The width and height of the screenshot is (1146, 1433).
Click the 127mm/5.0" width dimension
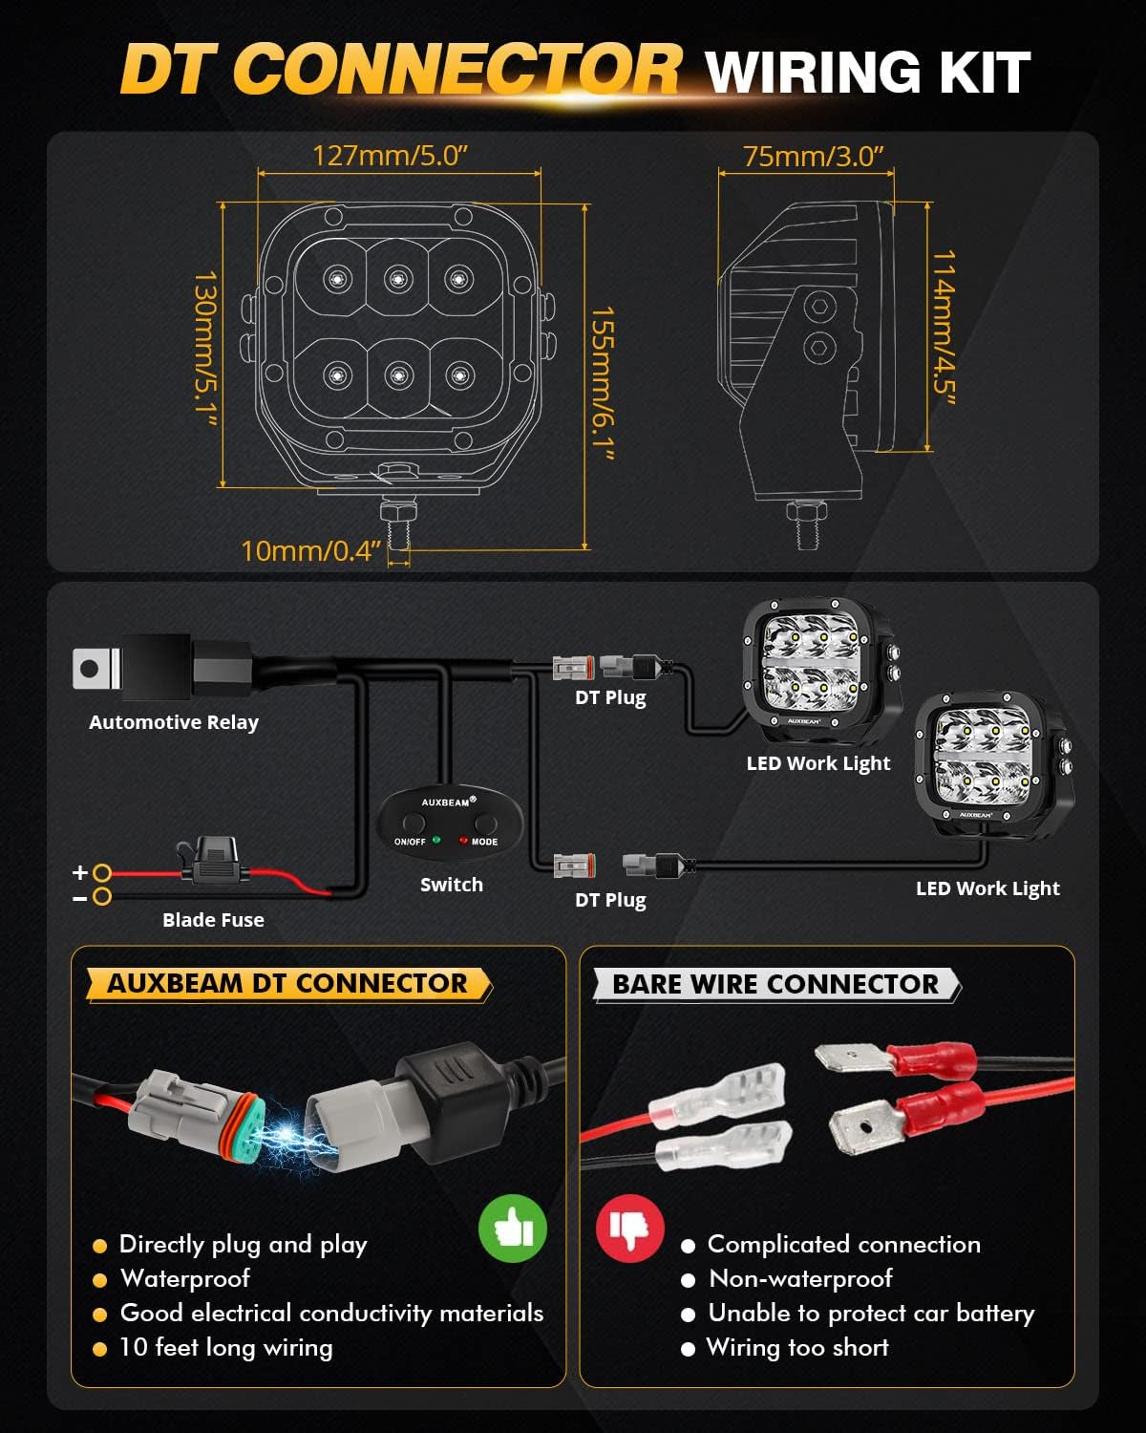(390, 155)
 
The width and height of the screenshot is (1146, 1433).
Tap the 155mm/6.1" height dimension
(602, 382)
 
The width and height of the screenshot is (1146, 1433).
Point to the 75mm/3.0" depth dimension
(813, 156)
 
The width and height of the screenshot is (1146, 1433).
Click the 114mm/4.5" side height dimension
(944, 327)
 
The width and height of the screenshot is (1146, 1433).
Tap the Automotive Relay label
(174, 722)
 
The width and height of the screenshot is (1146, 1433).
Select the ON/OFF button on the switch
(413, 823)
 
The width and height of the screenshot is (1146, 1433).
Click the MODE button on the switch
(486, 823)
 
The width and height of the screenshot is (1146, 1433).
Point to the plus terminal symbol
(81, 872)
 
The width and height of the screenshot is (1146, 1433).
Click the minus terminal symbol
(81, 898)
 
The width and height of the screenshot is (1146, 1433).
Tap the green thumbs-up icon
(513, 1229)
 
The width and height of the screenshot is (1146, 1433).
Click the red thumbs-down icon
(630, 1228)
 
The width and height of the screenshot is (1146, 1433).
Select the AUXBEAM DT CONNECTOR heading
(287, 984)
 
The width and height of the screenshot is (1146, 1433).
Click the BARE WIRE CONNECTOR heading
(775, 984)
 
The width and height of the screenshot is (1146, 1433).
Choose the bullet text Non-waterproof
(800, 1278)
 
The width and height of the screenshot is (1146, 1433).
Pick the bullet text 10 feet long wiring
(225, 1347)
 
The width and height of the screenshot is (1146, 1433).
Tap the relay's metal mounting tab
(92, 668)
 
